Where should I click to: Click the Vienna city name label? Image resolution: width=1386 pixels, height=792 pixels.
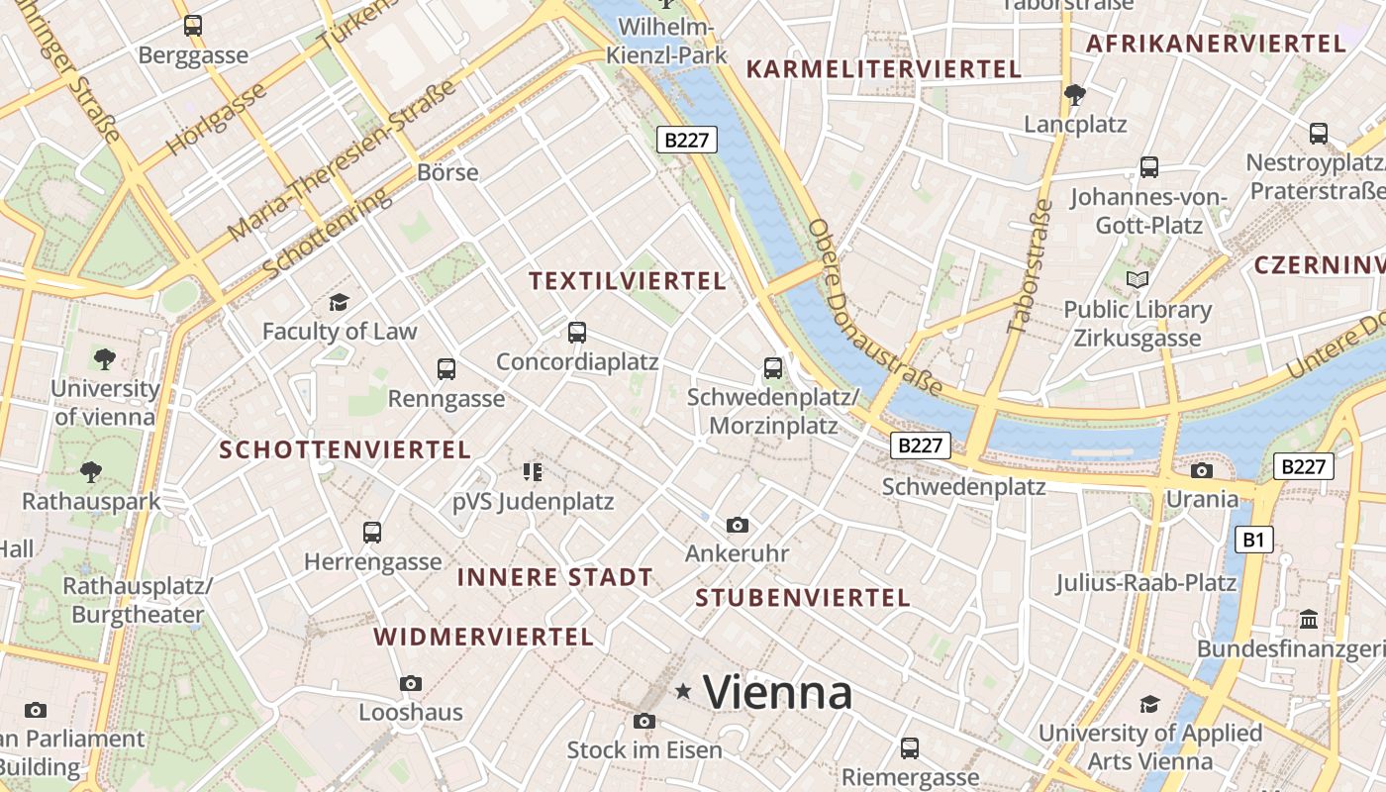(777, 692)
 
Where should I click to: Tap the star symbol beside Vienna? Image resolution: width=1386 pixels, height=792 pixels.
(683, 691)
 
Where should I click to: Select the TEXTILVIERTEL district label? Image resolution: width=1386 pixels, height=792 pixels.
(628, 281)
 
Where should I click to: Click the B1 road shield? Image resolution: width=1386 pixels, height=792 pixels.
(1253, 540)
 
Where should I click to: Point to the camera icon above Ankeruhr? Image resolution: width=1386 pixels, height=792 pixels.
(737, 525)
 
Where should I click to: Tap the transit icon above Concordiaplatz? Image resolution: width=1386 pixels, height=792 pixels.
(577, 333)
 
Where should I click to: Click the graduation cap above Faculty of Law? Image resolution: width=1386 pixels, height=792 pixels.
(340, 302)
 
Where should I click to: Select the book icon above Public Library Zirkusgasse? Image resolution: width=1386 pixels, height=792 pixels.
(1138, 280)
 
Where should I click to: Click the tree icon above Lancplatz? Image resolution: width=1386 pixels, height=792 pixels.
(1075, 95)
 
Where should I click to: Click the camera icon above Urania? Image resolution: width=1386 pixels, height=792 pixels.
(1202, 470)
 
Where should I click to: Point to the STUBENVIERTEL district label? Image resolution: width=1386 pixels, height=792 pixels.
(802, 598)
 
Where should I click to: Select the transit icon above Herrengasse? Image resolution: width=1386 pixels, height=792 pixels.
(372, 533)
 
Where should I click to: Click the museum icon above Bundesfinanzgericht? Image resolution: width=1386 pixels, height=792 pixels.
(1309, 620)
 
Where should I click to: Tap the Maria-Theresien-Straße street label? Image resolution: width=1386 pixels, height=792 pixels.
(342, 161)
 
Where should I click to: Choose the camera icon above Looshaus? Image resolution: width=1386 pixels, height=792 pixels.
(411, 683)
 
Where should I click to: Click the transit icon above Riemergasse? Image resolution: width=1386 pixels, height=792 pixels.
(910, 748)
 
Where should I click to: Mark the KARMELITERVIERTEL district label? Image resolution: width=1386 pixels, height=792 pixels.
(883, 69)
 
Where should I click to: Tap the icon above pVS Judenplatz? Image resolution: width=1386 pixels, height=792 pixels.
(533, 472)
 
